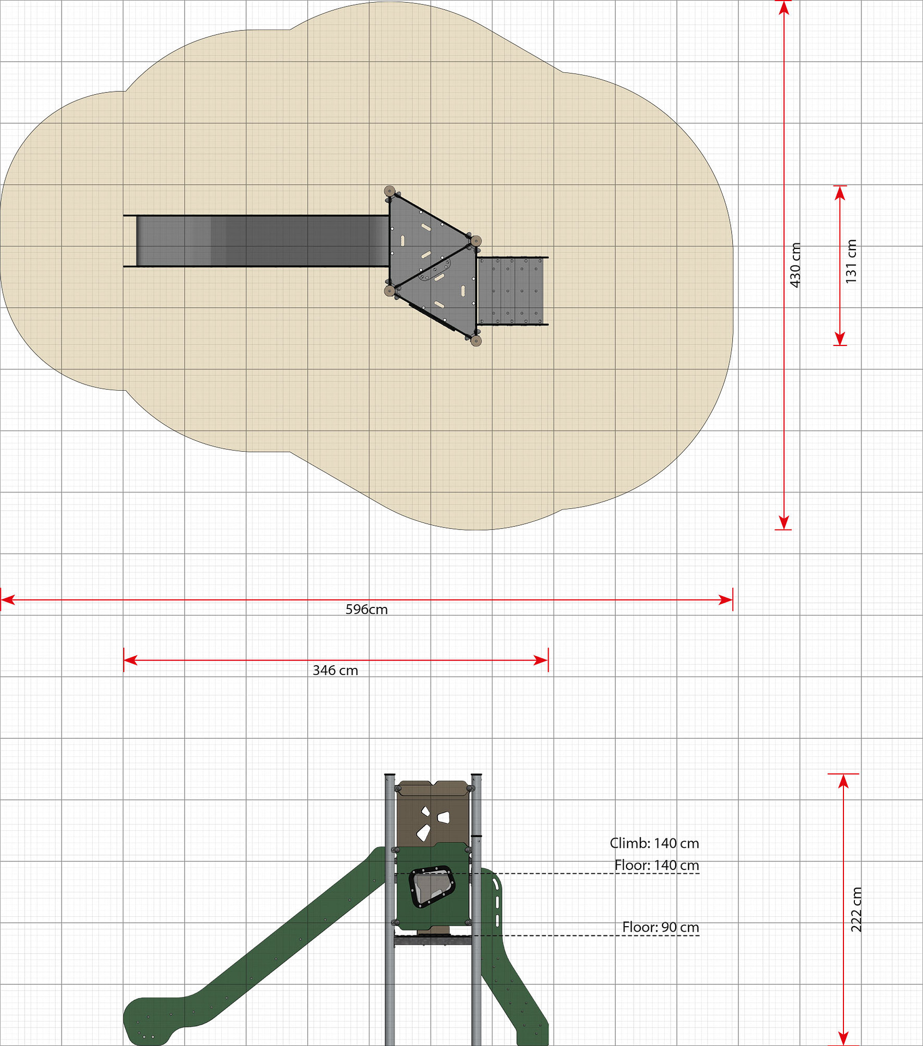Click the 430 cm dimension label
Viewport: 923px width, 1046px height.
coord(795,265)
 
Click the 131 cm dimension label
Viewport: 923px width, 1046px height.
coord(851,261)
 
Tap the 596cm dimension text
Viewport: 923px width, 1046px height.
coord(367,609)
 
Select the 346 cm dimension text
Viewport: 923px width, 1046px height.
coord(335,670)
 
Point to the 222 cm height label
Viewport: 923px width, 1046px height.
coord(856,909)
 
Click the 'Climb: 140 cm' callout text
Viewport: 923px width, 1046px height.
coord(654,843)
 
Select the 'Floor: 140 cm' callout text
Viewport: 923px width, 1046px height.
coord(657,865)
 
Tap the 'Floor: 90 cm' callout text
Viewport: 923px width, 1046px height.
coord(660,927)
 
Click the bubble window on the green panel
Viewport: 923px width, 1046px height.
coord(432,887)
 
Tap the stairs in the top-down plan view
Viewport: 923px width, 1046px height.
coord(511,290)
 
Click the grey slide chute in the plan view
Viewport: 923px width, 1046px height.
coord(262,241)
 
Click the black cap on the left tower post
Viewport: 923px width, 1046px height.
coord(390,774)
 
